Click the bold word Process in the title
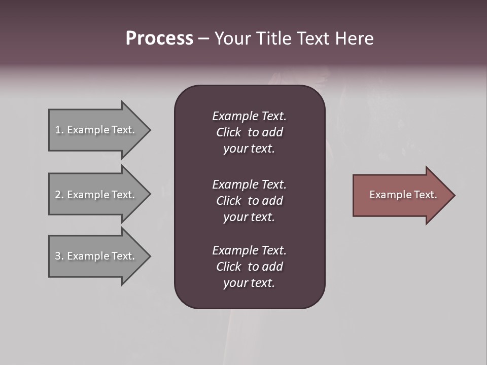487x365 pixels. tap(159, 39)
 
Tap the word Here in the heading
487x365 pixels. tap(355, 39)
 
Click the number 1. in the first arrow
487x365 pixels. tap(59, 130)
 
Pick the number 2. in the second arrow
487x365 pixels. tap(59, 195)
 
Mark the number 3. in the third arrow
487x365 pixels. tap(59, 256)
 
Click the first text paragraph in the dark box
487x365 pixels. tap(249, 132)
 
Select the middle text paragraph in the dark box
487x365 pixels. tap(249, 201)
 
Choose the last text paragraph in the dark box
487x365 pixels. tap(249, 267)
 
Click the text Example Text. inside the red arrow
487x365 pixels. tap(403, 195)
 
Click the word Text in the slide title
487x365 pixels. tap(314, 39)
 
